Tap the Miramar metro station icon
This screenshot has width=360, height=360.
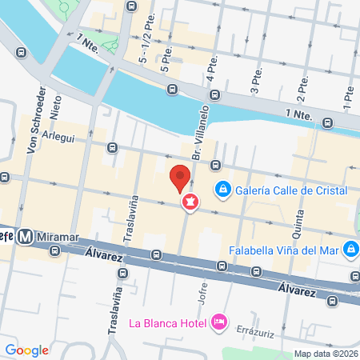[x=26, y=236]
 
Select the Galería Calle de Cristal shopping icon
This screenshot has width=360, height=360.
[x=222, y=190]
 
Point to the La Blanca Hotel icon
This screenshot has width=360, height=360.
[x=218, y=322]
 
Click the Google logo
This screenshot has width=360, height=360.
[x=26, y=350]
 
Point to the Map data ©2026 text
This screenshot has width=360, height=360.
[x=323, y=354]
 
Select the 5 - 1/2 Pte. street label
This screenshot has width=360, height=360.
[x=145, y=49]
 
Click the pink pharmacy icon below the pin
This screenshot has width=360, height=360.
[x=190, y=203]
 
